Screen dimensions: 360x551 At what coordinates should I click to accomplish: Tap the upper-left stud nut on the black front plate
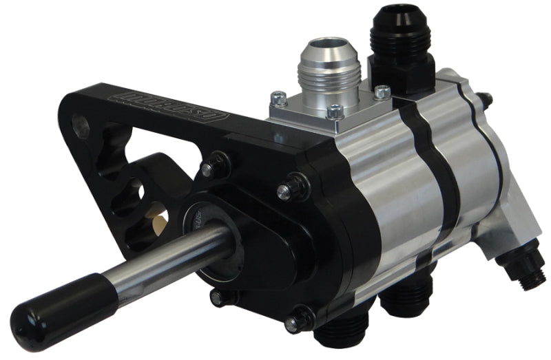point(214,165)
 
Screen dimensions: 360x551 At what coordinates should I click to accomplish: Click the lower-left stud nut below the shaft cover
point(220,297)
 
